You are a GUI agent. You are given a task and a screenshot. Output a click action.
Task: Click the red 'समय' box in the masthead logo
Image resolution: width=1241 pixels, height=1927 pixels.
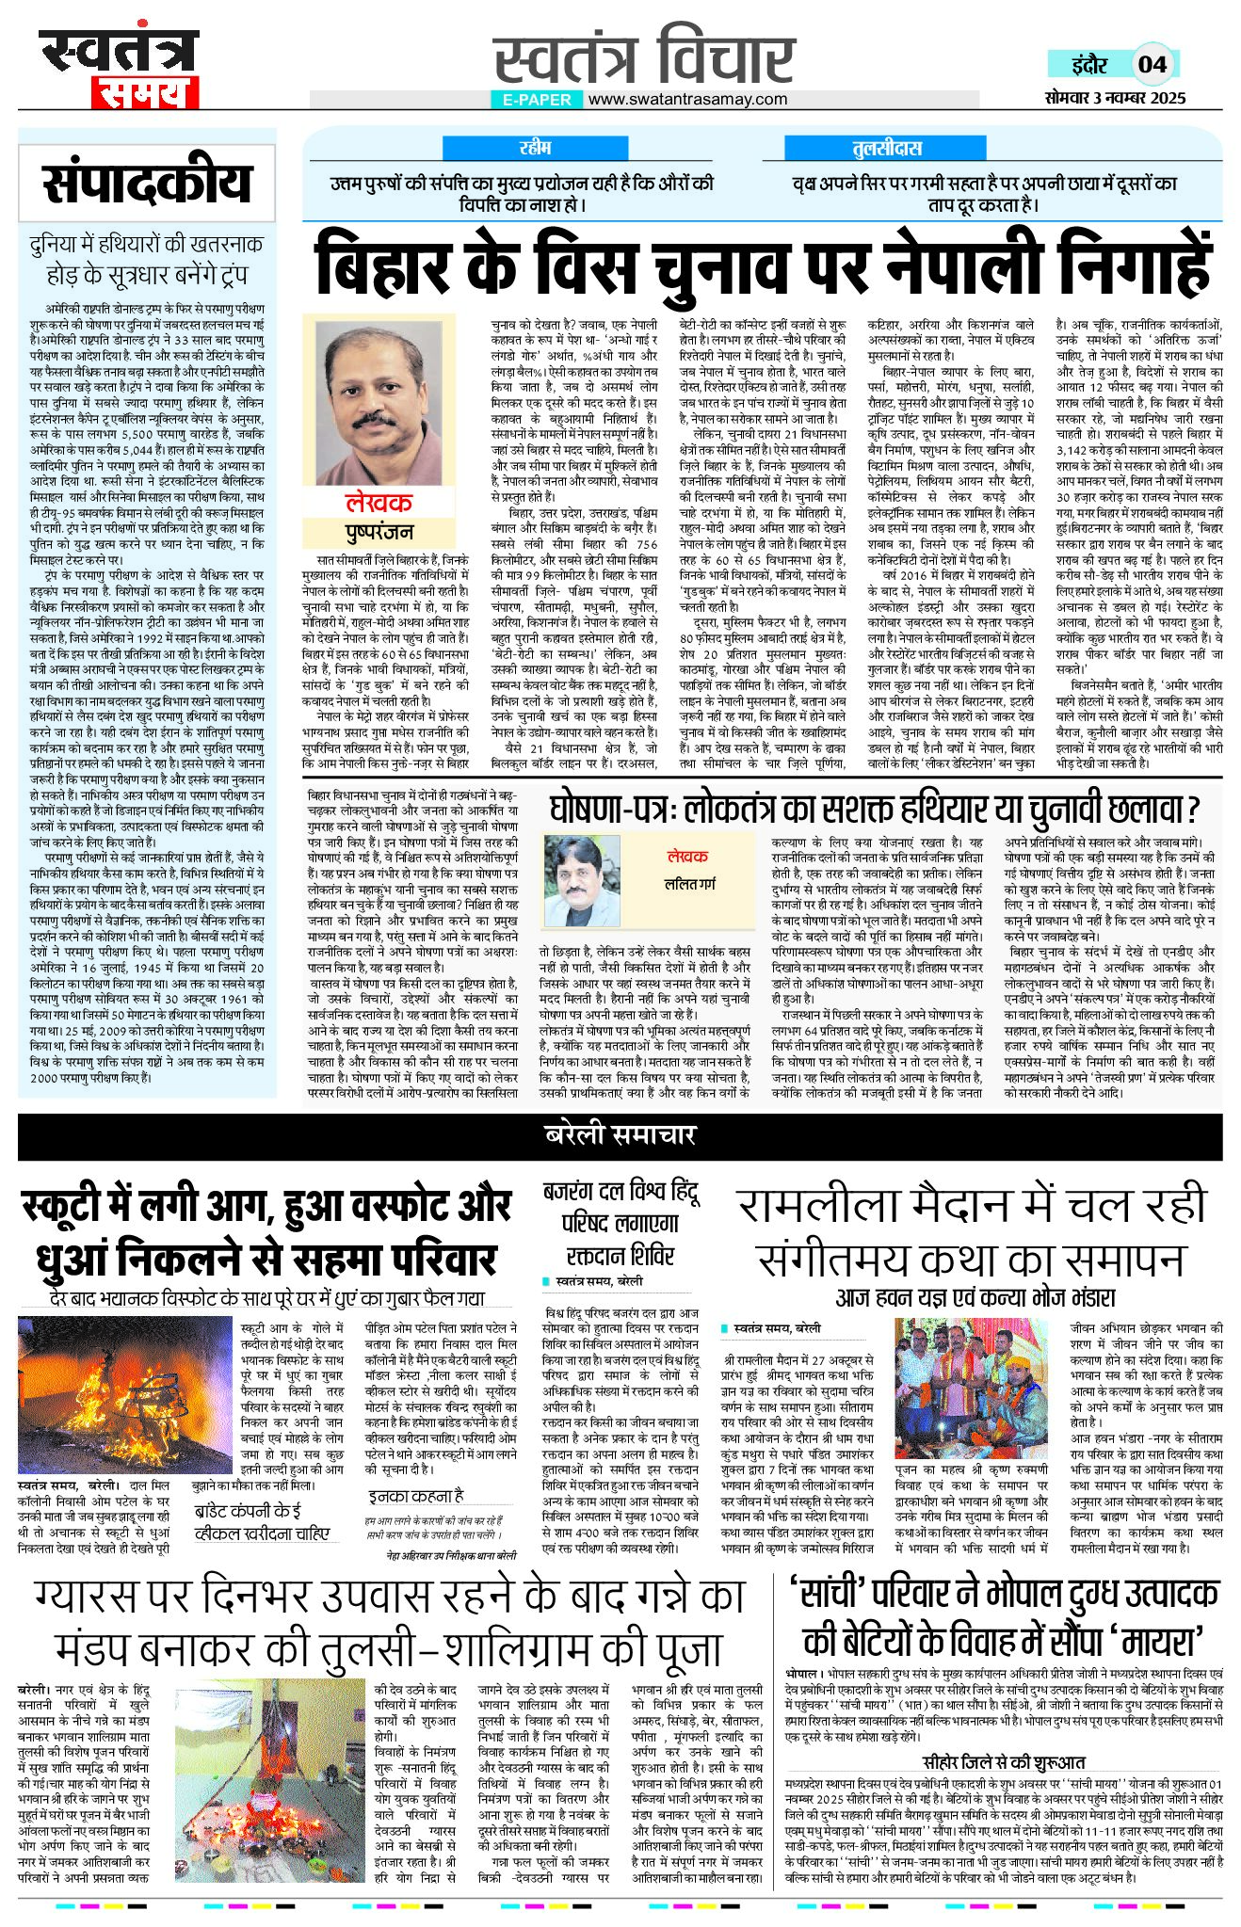[144, 92]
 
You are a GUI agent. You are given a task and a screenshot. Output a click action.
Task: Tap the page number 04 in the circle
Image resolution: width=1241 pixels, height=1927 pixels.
[1152, 64]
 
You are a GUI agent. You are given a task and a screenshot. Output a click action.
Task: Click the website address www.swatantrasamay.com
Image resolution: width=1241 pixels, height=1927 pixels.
[687, 99]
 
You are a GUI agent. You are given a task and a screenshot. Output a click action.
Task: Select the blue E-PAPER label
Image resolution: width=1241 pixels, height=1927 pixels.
[537, 99]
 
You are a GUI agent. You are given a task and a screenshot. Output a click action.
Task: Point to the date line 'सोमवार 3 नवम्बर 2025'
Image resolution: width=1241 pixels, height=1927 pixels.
[1115, 98]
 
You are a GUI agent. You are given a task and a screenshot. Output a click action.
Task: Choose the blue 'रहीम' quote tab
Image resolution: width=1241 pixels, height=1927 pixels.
[535, 148]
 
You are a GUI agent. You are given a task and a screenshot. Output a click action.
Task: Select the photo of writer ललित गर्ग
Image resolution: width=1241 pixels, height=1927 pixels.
[582, 881]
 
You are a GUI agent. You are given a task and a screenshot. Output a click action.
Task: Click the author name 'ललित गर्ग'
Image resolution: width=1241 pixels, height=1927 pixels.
[690, 885]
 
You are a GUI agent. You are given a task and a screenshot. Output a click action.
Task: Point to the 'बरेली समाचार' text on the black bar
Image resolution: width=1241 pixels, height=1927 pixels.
[620, 1134]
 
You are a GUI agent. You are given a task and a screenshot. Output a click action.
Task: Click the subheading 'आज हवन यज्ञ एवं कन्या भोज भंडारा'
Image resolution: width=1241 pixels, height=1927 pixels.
[975, 1298]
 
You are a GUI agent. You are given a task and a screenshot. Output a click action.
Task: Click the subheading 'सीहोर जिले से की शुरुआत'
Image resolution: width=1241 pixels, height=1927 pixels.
[1004, 1761]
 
